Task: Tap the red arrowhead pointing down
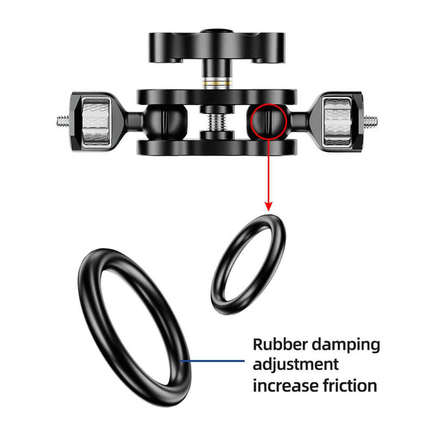pos(268,206)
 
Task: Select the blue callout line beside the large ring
pos(212,361)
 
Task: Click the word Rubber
pos(279,344)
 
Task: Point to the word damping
pos(346,345)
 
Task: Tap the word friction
pos(348,385)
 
